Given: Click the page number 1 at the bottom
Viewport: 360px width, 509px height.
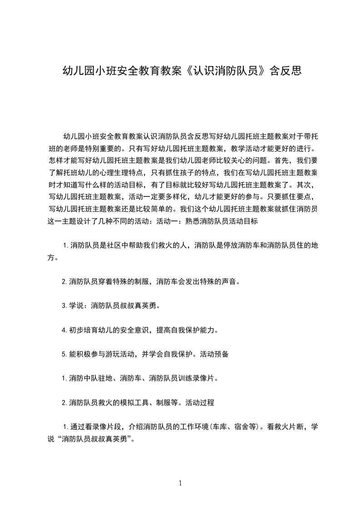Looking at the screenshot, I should tap(180, 483).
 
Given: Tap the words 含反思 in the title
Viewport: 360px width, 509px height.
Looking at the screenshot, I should tap(285, 71).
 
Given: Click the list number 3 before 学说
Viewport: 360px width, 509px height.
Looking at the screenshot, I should tap(64, 306).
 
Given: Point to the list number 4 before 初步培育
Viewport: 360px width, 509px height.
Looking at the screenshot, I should tap(64, 330).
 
